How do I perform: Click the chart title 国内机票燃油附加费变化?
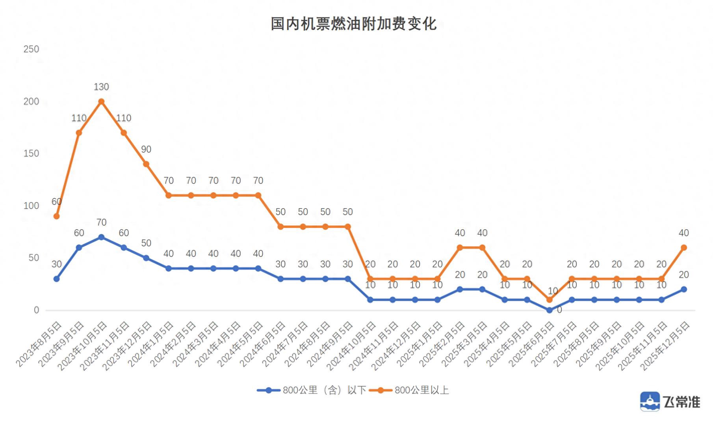click(x=353, y=24)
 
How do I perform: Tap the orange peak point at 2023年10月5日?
click(x=101, y=101)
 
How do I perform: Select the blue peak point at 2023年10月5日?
click(x=101, y=237)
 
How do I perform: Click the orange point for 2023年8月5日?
click(x=56, y=216)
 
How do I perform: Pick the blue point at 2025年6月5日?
click(x=549, y=310)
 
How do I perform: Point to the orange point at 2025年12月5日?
click(x=684, y=248)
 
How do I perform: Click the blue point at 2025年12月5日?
click(x=684, y=289)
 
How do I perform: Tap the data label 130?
click(x=101, y=87)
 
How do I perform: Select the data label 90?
click(x=146, y=149)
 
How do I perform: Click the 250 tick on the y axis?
click(x=31, y=49)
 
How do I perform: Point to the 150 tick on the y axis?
click(x=31, y=153)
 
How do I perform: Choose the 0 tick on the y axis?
click(x=36, y=310)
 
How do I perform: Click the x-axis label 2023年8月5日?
click(x=39, y=344)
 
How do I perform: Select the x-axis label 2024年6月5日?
click(x=263, y=344)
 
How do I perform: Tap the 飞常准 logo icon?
click(x=650, y=402)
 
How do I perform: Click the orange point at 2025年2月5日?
click(x=460, y=248)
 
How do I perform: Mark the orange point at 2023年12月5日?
click(x=146, y=164)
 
